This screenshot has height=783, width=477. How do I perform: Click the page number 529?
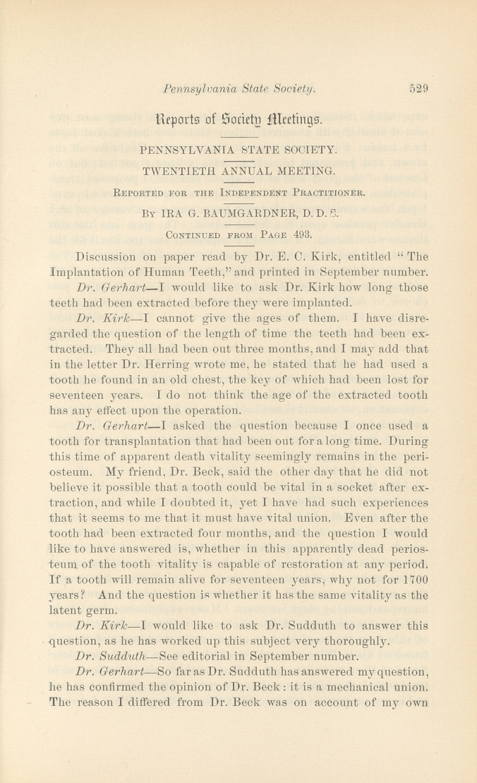coord(419,89)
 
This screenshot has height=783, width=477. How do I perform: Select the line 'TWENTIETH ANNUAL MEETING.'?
coord(238,170)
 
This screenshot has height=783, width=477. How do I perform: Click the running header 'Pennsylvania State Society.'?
coord(238,89)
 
